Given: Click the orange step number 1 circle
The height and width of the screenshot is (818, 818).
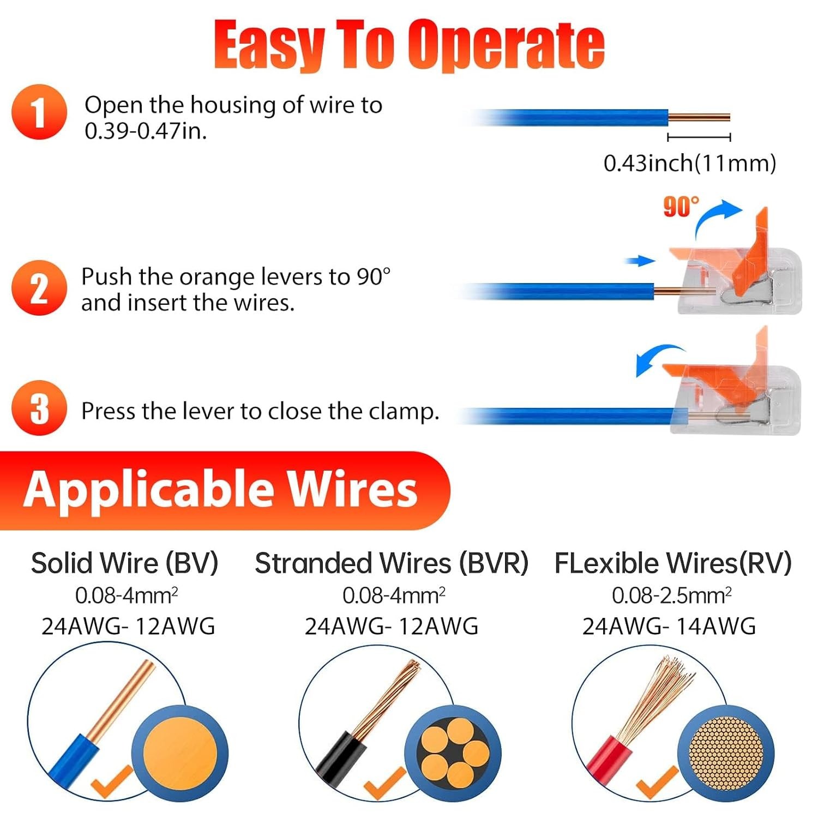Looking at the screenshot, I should [x=39, y=112].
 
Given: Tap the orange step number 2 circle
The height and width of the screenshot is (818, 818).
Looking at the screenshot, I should [x=39, y=288].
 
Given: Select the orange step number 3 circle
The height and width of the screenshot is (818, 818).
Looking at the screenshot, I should [x=39, y=408].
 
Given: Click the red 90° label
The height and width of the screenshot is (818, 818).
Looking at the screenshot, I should [x=681, y=207].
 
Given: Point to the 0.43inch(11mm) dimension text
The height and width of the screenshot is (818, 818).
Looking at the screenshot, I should [x=689, y=164].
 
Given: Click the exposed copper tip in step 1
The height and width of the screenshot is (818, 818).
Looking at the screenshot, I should [x=699, y=117].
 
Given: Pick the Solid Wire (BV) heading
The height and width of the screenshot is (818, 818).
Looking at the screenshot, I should [x=124, y=563].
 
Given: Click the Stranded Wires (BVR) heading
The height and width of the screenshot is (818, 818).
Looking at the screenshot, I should [x=392, y=563].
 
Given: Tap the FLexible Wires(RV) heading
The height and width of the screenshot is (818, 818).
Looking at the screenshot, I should [x=673, y=563].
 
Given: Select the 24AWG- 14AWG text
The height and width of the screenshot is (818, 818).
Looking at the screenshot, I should [x=669, y=626].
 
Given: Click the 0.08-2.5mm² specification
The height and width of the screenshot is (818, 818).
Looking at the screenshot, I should [x=671, y=596].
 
